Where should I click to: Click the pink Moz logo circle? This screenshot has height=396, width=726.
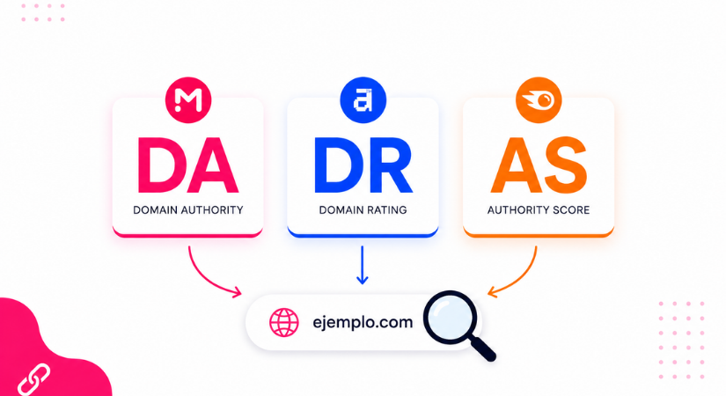point(188,100)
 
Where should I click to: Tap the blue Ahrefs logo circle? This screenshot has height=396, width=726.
point(363,100)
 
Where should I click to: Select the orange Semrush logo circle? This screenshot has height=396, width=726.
point(539,100)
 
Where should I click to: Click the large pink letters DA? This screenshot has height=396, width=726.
point(187,165)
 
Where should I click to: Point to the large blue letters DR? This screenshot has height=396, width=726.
point(363,165)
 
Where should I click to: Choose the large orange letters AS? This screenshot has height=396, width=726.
point(539,165)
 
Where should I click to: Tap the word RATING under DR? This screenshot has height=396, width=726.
point(387,210)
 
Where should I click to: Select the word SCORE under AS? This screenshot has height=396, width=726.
point(570,210)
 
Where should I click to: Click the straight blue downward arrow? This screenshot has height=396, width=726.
point(363,265)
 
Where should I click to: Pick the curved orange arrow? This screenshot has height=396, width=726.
point(518,279)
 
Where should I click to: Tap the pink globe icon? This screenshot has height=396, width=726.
point(284,322)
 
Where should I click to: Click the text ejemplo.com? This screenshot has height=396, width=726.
point(363,322)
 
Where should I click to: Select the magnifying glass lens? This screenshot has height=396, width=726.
point(450,318)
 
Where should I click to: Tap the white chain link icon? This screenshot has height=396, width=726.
point(33,380)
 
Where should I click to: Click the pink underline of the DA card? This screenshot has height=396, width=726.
point(187,234)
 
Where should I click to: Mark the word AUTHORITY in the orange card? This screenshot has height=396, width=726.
point(517,210)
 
